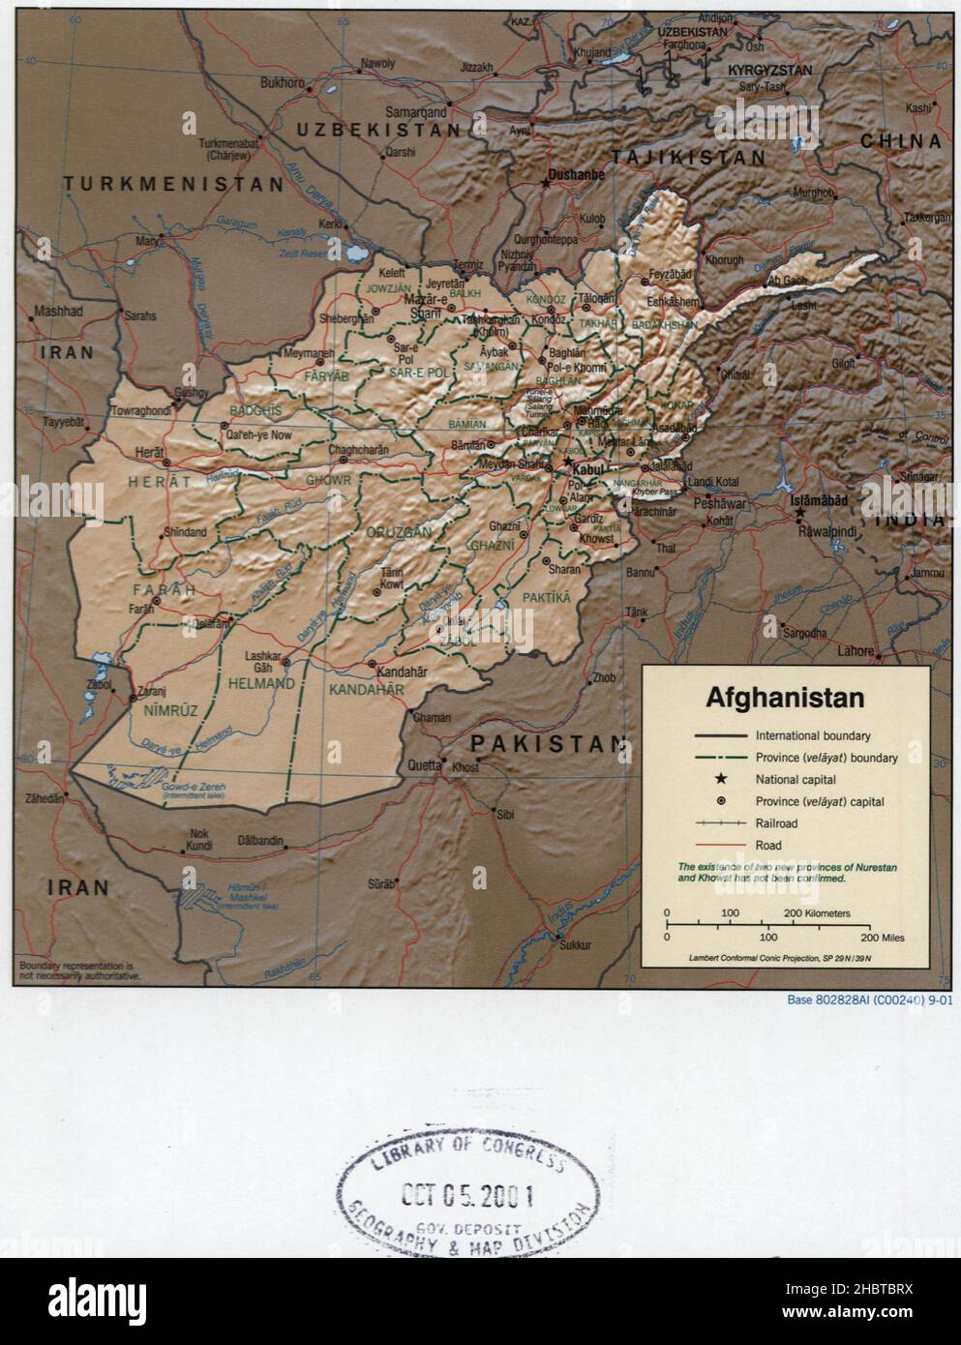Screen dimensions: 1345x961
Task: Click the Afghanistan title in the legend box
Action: tap(785, 698)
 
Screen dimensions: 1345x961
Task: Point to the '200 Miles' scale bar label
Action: tap(881, 939)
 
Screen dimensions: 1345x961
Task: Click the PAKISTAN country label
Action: tap(549, 743)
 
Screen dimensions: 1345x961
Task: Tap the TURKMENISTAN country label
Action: tap(174, 183)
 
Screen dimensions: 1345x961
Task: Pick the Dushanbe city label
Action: tap(576, 175)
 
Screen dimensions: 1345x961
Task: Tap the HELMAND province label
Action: tap(260, 684)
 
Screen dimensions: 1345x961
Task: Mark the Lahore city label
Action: tap(854, 651)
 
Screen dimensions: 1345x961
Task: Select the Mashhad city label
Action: tap(58, 312)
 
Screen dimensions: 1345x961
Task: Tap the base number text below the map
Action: tap(869, 1001)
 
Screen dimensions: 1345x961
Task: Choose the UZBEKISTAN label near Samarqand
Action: tap(378, 130)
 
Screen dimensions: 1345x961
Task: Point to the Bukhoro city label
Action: tap(283, 83)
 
